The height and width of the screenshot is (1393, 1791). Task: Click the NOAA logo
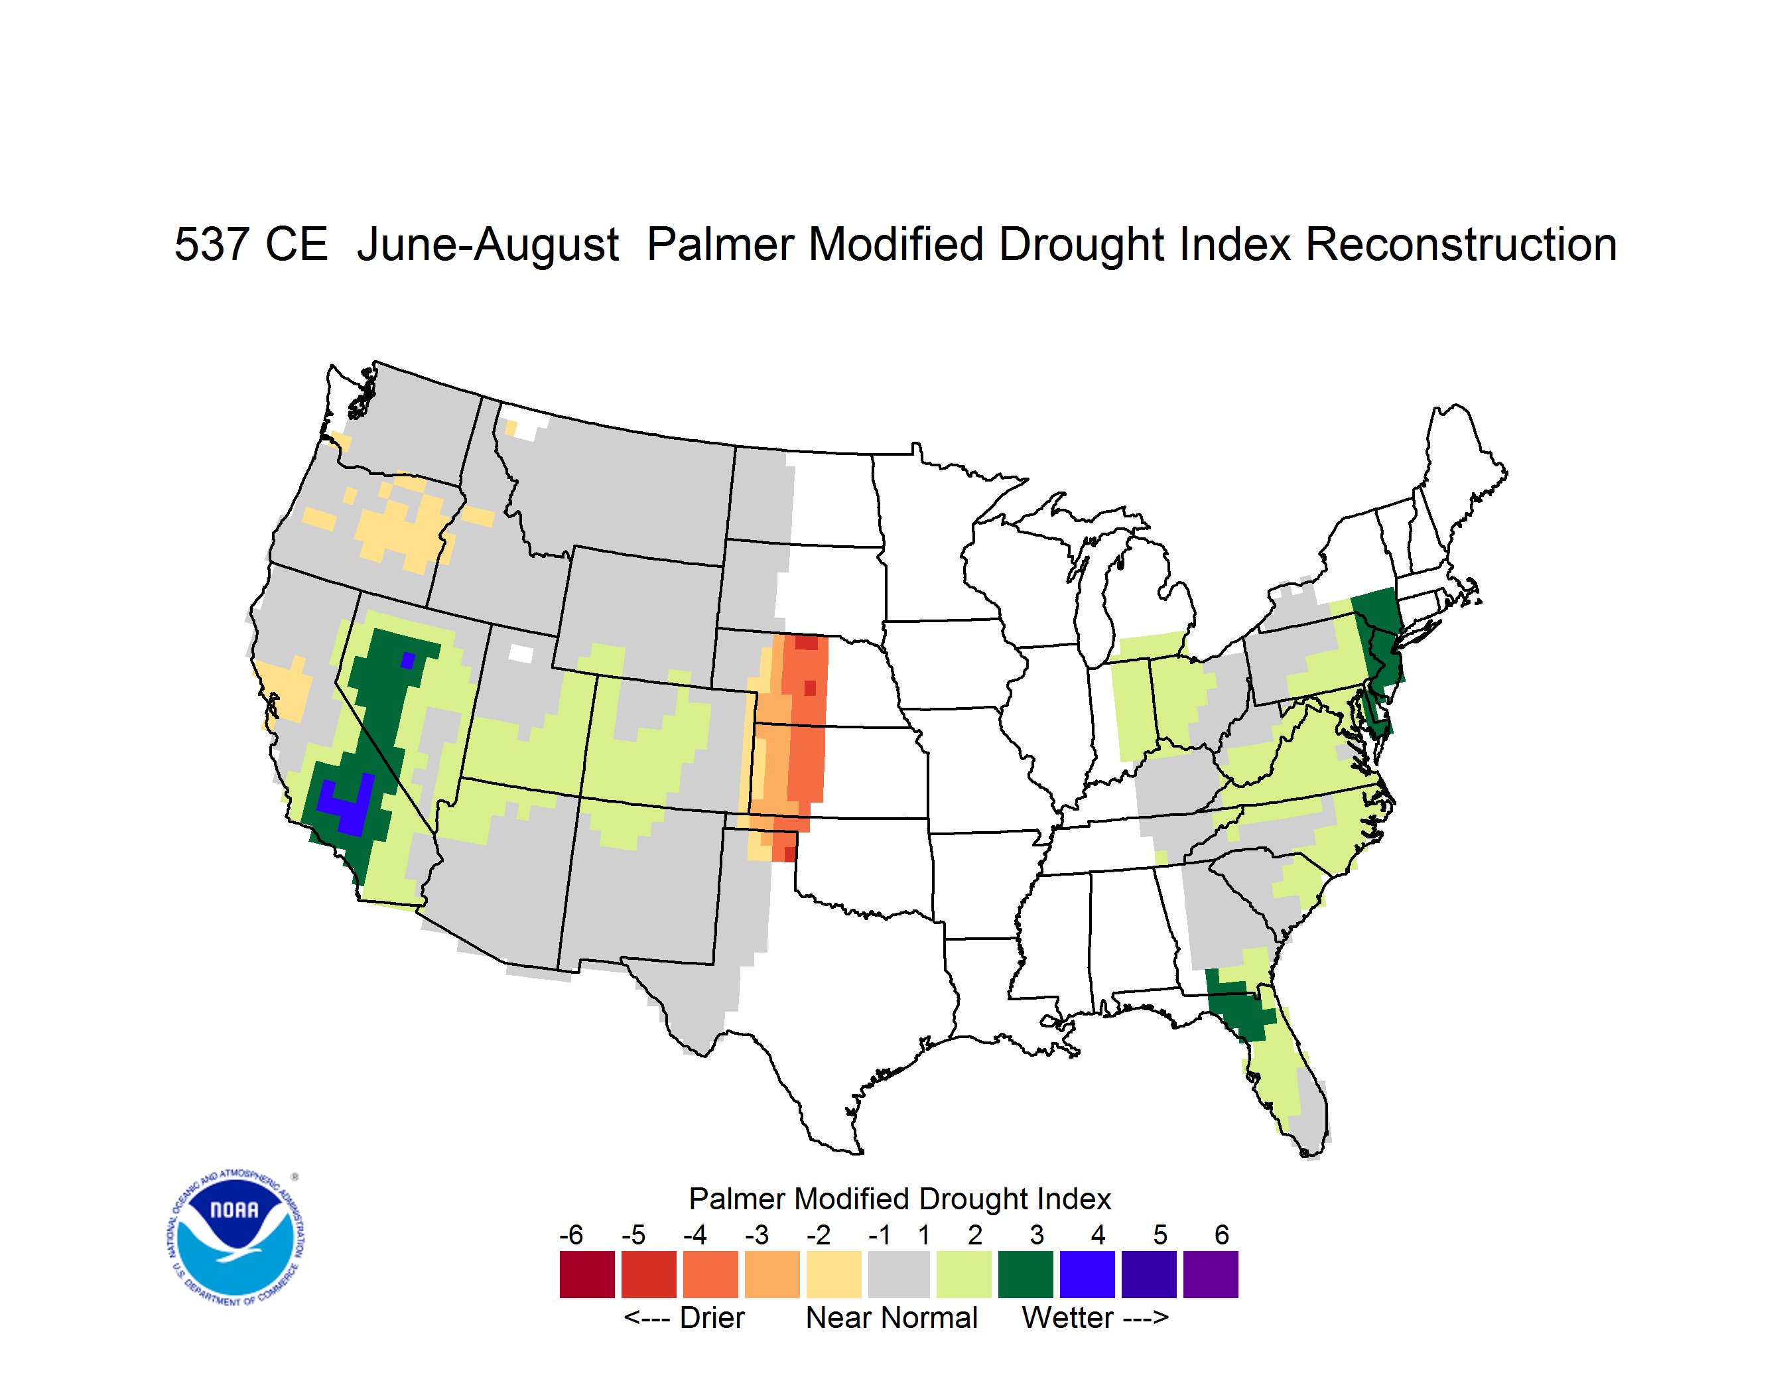pos(235,1238)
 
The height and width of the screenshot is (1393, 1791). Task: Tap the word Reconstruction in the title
pos(1461,244)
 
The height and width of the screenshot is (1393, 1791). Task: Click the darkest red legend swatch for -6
pos(587,1274)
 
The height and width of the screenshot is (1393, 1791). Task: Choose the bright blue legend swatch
pos(1087,1274)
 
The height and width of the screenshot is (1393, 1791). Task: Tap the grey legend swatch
pos(899,1274)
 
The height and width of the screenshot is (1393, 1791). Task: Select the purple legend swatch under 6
pos(1211,1274)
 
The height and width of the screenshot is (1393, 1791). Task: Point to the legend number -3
pos(757,1234)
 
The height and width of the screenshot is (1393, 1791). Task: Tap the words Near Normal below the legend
pos(892,1317)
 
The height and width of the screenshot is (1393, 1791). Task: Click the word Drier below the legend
pos(712,1317)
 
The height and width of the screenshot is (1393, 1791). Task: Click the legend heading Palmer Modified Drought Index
pos(899,1199)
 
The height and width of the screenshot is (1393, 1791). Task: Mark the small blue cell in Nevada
pos(407,660)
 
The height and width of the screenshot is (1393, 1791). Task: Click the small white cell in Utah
pos(521,653)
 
